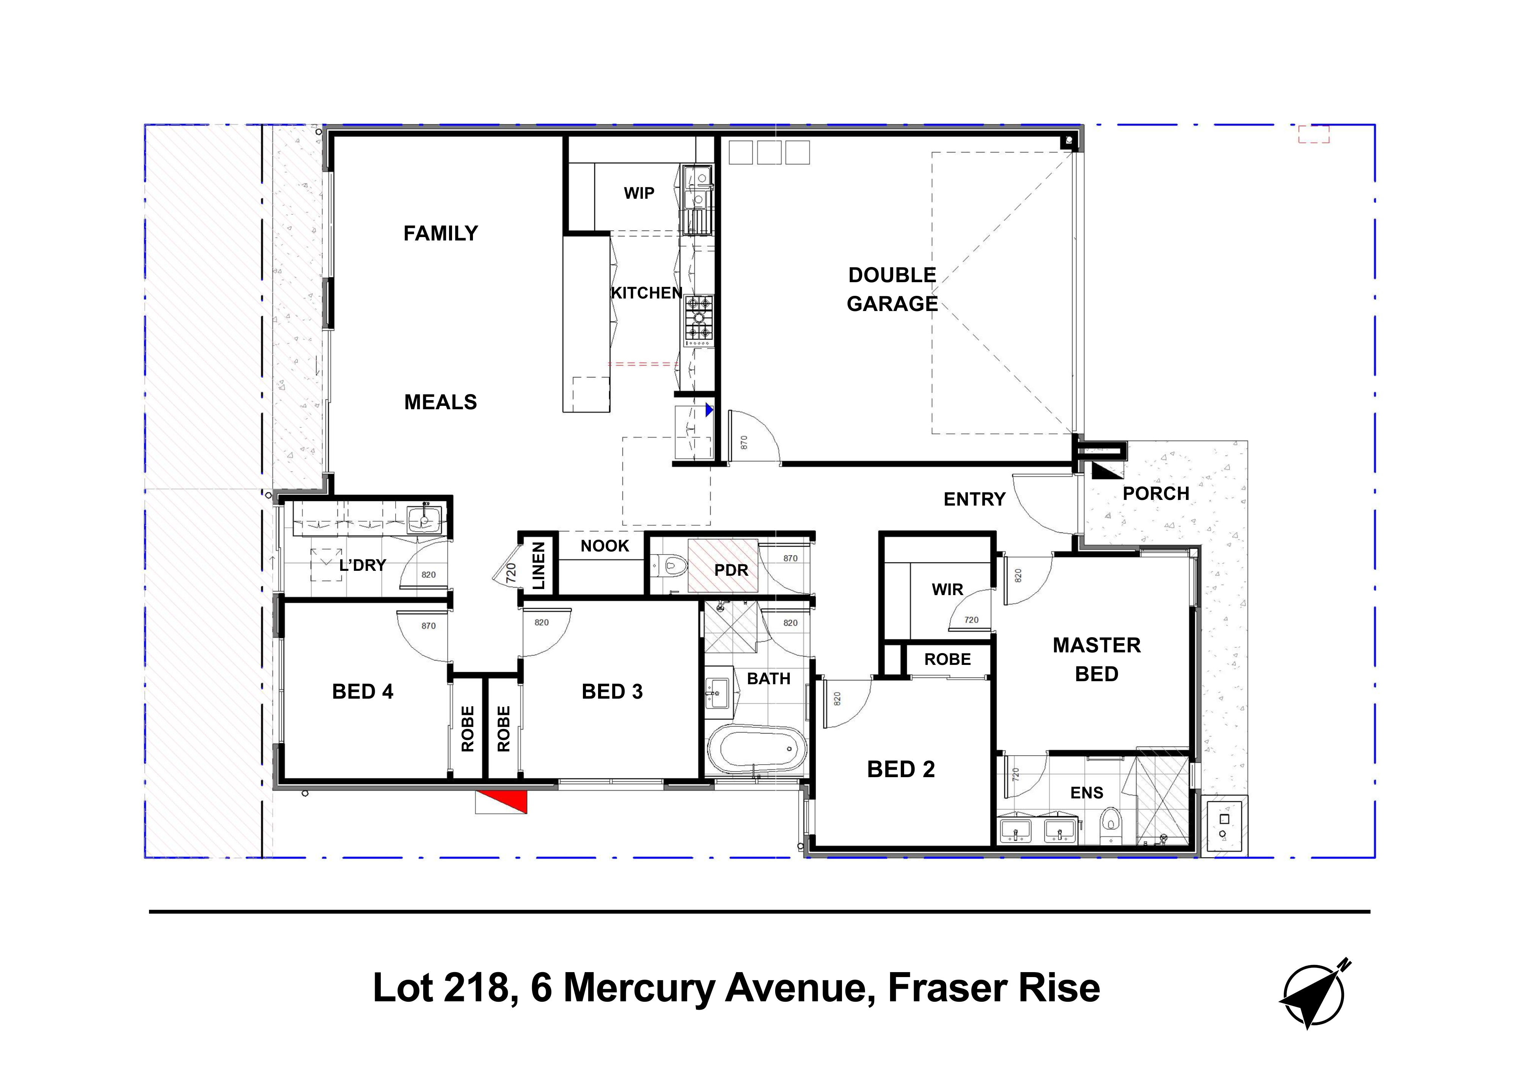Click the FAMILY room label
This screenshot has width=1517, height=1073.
[x=441, y=233]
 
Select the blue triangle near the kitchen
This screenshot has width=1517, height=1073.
[x=709, y=410]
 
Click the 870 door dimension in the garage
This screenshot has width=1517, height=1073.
[x=744, y=442]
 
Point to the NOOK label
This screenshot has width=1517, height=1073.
[x=605, y=546]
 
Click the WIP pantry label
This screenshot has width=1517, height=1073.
[x=639, y=193]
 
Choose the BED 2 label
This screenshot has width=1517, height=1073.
[x=901, y=769]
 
